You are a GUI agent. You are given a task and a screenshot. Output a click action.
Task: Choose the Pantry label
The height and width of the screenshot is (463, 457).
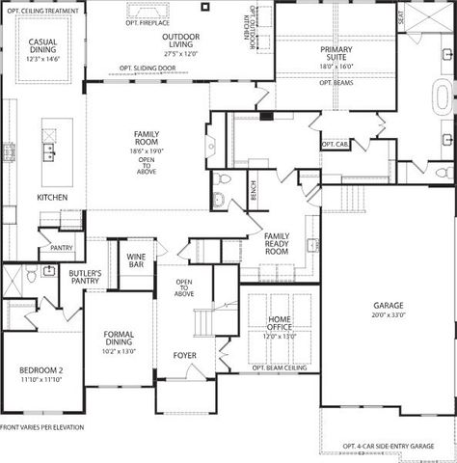(62, 248)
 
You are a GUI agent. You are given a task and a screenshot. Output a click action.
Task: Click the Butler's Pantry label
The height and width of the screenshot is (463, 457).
(85, 280)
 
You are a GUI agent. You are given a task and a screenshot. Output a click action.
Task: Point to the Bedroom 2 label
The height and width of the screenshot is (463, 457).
(40, 370)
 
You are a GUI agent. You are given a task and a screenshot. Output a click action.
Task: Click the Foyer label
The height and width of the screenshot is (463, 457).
(184, 356)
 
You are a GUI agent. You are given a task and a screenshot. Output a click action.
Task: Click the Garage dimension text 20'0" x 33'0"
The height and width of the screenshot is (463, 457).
(390, 314)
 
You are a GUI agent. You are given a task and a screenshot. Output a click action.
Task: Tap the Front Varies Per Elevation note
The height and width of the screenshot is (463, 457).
(42, 426)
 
